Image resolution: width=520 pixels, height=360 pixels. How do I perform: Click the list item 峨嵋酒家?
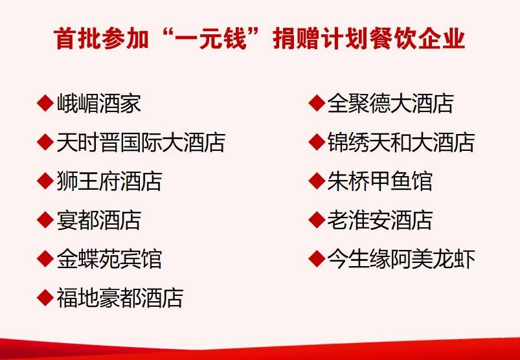pyautogui.click(x=99, y=104)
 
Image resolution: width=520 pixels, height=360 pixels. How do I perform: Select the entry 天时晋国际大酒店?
pyautogui.click(x=141, y=142)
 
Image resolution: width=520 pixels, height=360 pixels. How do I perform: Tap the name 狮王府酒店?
pyautogui.click(x=109, y=181)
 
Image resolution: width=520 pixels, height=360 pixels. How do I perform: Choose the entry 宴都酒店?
pyautogui.click(x=99, y=219)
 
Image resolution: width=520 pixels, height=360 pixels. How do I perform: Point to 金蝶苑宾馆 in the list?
pyautogui.click(x=109, y=258)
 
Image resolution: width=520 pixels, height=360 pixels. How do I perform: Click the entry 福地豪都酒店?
pyautogui.click(x=120, y=297)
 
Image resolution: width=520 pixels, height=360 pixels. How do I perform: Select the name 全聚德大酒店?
pyautogui.click(x=390, y=104)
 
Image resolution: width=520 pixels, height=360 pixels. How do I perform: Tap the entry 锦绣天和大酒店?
pyautogui.click(x=401, y=142)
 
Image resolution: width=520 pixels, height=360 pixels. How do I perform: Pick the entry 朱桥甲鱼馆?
pyautogui.click(x=380, y=181)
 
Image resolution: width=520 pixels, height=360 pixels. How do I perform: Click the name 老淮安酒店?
pyautogui.click(x=380, y=219)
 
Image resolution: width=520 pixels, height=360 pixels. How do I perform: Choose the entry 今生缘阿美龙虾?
pyautogui.click(x=401, y=258)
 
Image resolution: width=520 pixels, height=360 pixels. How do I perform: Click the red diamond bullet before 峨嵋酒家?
pyautogui.click(x=45, y=103)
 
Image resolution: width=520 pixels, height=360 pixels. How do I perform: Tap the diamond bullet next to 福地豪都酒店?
pyautogui.click(x=45, y=297)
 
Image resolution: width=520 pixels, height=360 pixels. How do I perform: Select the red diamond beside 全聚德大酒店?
pyautogui.click(x=317, y=103)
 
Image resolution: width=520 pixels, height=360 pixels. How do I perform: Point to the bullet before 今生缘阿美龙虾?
pyautogui.click(x=317, y=258)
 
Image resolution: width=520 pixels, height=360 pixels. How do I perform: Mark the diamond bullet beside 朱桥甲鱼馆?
pyautogui.click(x=317, y=181)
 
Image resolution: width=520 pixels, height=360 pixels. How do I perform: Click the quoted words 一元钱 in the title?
pyautogui.click(x=210, y=39)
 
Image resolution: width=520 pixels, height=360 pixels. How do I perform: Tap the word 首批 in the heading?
pyautogui.click(x=77, y=39)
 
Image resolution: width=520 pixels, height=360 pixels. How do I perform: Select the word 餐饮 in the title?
pyautogui.click(x=393, y=39)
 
